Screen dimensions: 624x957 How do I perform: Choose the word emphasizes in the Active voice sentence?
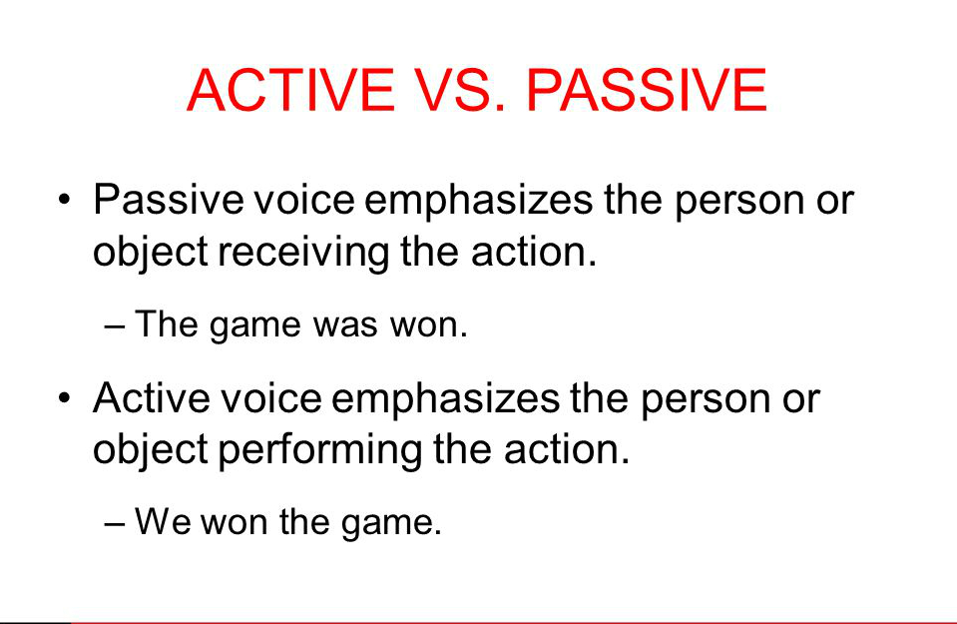[x=445, y=399]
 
